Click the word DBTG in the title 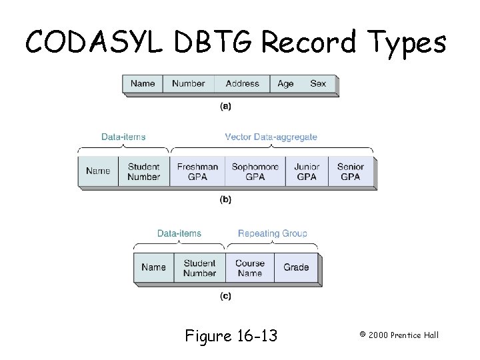click(207, 43)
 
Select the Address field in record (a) click(242, 84)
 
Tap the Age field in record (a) click(285, 84)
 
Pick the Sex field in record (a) click(318, 84)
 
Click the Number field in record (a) click(188, 84)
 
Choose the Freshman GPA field click(197, 172)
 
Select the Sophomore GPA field click(255, 172)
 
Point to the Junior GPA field click(306, 172)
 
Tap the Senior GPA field click(350, 172)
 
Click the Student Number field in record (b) click(143, 172)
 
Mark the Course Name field click(249, 268)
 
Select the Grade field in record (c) click(296, 267)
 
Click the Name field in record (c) click(153, 267)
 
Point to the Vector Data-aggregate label click(271, 137)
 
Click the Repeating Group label click(272, 233)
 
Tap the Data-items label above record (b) click(123, 137)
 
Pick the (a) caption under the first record click(225, 106)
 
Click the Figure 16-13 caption click(231, 335)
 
